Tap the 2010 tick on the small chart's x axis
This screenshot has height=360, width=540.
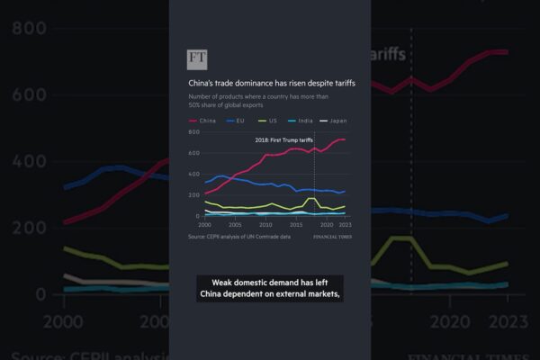(x=266, y=224)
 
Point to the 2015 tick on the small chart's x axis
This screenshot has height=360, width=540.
(x=297, y=224)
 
